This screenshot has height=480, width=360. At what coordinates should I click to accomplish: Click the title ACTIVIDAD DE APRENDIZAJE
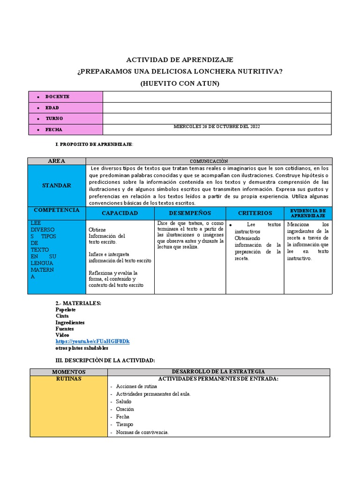pyautogui.click(x=180, y=60)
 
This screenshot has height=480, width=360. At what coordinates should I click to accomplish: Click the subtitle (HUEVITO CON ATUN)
pyautogui.click(x=180, y=83)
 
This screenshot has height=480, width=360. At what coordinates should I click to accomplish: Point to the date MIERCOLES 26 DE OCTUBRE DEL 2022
pyautogui.click(x=217, y=127)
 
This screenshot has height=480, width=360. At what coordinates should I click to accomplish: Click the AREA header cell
pyautogui.click(x=57, y=161)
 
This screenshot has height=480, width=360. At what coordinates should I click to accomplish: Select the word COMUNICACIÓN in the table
pyautogui.click(x=209, y=161)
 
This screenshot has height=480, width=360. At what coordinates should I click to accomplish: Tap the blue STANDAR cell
pyautogui.click(x=57, y=186)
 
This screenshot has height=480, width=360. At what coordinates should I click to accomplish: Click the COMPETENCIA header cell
pyautogui.click(x=57, y=210)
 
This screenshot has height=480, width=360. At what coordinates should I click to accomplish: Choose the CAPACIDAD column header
pyautogui.click(x=120, y=213)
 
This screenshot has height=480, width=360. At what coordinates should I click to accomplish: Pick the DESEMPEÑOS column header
pyautogui.click(x=190, y=213)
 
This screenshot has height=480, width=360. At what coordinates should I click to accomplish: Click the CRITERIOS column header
pyautogui.click(x=255, y=213)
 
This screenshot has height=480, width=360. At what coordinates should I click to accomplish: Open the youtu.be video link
pyautogui.click(x=92, y=341)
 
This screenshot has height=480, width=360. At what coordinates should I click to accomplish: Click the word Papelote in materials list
pyautogui.click(x=66, y=310)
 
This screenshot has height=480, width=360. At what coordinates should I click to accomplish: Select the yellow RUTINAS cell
pyautogui.click(x=68, y=379)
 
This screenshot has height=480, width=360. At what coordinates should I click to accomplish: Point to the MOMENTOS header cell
pyautogui.click(x=68, y=372)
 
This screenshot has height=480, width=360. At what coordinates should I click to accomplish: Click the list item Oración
pyautogui.click(x=125, y=409)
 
